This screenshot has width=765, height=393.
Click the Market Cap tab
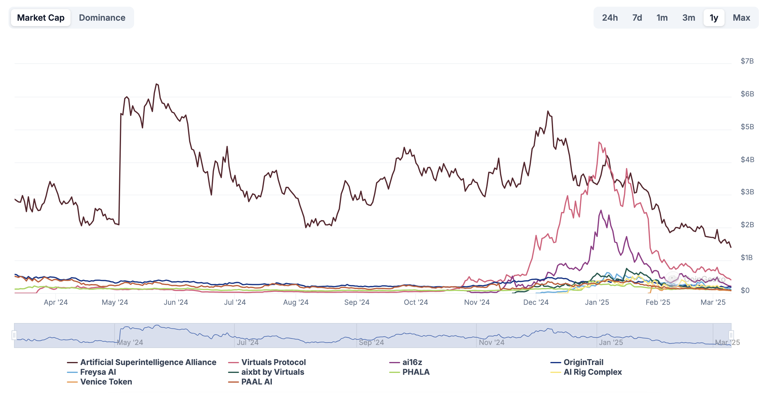coord(41,18)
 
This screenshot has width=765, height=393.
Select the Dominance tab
coord(102,18)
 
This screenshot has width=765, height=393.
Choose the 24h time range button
coord(610,18)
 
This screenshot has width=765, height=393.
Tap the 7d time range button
coord(637,18)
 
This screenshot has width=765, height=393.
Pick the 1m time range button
coord(662,18)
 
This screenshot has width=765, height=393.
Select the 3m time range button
coord(688,18)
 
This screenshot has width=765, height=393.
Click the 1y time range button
coord(714,18)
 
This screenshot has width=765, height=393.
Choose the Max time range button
coord(741,18)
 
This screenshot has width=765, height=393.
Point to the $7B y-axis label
coord(747,61)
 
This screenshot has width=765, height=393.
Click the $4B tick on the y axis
coord(747,159)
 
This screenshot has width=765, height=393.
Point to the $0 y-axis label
coord(745,290)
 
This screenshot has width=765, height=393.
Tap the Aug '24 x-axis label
coord(296,302)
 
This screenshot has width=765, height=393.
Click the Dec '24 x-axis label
coord(536,302)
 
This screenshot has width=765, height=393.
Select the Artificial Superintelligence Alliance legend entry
coord(148,362)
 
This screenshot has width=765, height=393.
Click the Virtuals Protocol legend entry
coord(273,362)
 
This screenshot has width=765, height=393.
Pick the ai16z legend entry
coord(412,362)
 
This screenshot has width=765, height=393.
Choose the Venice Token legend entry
coord(106,382)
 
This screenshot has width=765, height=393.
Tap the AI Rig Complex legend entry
coord(593,372)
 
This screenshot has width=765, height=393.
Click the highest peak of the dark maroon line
coord(156,84)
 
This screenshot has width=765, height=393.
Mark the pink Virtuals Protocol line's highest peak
coord(599,142)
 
